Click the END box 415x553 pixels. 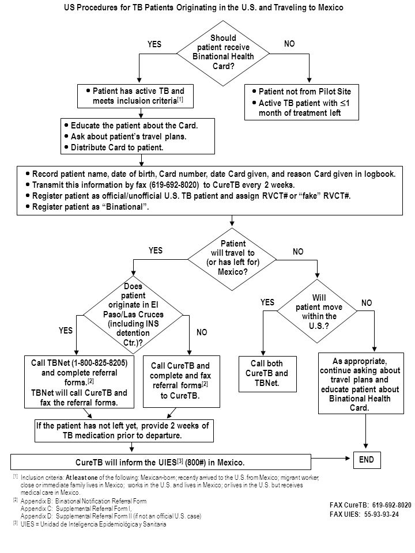pyautogui.click(x=367, y=460)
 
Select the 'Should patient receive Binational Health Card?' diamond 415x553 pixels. pyautogui.click(x=223, y=53)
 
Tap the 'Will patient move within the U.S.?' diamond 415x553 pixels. pyautogui.click(x=317, y=311)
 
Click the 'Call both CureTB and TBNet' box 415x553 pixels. pyautogui.click(x=267, y=374)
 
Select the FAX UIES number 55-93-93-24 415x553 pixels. pyautogui.click(x=382, y=514)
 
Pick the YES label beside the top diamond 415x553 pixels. pyautogui.click(x=154, y=44)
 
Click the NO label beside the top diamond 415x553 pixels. pyautogui.click(x=289, y=44)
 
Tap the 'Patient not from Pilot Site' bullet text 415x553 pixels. pyautogui.click(x=305, y=92)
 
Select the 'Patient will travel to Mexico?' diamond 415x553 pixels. pyautogui.click(x=232, y=259)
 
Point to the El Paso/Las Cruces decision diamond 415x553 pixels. pyautogui.click(x=133, y=314)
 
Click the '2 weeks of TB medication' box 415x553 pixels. pyautogui.click(x=124, y=431)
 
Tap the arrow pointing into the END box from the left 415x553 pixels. pyautogui.click(x=332, y=458)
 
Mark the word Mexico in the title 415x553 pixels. pyautogui.click(x=330, y=7)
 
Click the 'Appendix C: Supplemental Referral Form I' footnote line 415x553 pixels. pyautogui.click(x=76, y=509)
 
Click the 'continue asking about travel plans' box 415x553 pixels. pyautogui.click(x=361, y=384)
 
